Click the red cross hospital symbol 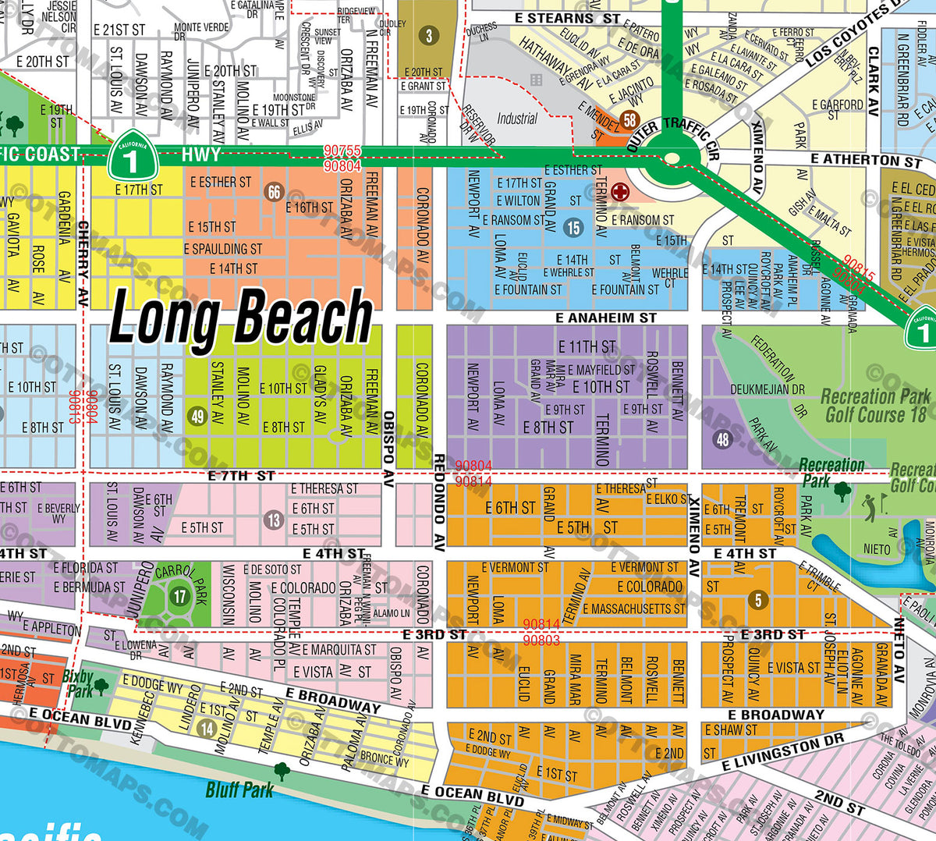[620, 191]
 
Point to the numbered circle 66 [274, 192]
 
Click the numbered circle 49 [197, 416]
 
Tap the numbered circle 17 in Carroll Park [180, 597]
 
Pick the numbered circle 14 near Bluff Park [206, 729]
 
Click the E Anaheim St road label [605, 318]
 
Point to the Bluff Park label [239, 790]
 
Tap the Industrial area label [517, 119]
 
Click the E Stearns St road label [567, 18]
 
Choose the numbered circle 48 [723, 439]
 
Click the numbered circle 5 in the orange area [757, 600]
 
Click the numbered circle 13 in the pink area [273, 520]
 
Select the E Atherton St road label [866, 160]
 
